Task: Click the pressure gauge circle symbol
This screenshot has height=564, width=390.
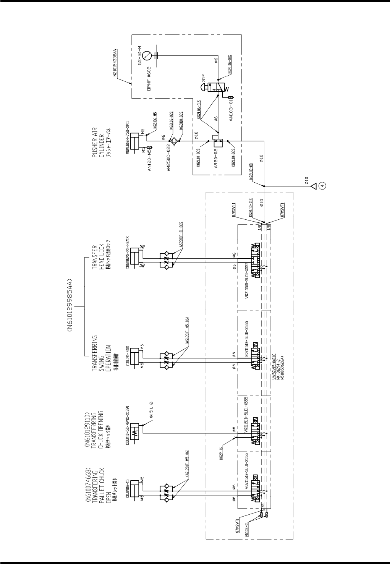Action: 150,56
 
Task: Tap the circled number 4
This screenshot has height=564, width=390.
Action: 323,186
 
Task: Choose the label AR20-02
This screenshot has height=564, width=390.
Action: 216,159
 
